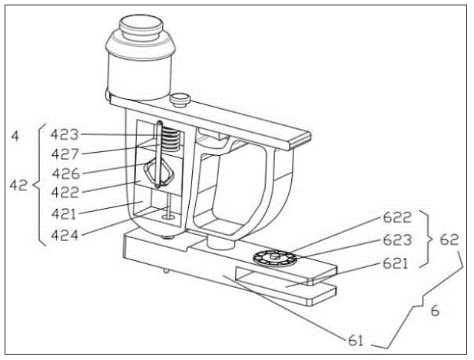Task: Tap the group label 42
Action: [18, 184]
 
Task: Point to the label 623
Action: [398, 239]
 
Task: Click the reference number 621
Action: [398, 262]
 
